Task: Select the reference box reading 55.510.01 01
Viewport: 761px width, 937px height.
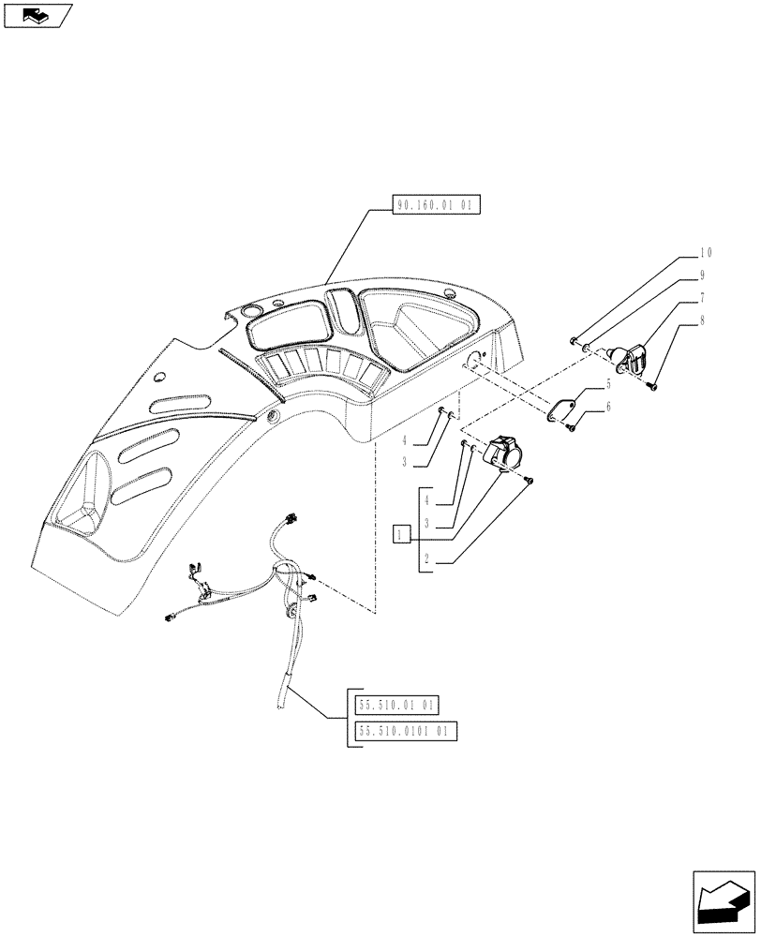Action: tap(398, 706)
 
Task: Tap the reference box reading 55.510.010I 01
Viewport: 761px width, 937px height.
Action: tap(407, 732)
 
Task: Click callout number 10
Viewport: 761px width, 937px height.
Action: tap(706, 253)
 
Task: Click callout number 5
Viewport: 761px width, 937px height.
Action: tap(607, 384)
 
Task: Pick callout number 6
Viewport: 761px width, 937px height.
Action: tap(607, 408)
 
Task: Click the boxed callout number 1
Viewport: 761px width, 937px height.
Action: tap(401, 534)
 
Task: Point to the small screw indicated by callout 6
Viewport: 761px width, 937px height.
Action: tap(570, 428)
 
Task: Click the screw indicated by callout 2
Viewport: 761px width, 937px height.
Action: tap(530, 480)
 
